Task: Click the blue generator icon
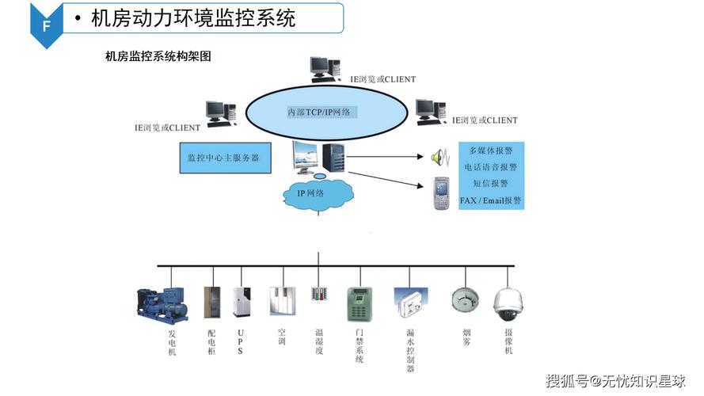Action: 162,304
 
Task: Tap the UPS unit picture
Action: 242,303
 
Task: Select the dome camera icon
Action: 508,304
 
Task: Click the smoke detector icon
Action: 465,299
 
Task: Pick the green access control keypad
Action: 360,304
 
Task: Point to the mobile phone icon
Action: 441,193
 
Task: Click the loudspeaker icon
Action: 440,157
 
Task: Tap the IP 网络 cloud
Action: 318,193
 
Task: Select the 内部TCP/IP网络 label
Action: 319,112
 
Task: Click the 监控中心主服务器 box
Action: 226,158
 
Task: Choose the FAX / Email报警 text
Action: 490,200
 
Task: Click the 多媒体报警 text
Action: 491,150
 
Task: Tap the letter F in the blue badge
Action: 46,27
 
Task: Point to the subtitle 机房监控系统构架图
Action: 158,56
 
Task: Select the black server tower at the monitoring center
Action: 333,157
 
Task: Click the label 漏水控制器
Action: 410,351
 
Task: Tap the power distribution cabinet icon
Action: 212,303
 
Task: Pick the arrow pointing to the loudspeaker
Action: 385,157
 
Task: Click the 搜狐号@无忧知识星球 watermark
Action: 616,381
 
